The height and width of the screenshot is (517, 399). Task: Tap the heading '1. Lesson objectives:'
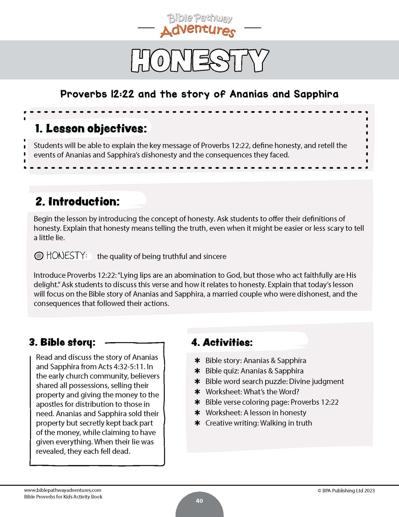[x=91, y=128]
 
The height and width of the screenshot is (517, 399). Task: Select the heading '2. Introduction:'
[x=78, y=202]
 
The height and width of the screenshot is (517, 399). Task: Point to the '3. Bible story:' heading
[x=62, y=342]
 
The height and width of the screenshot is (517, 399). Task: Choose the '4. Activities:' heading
[x=222, y=343]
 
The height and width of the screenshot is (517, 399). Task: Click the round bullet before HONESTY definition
[x=39, y=256]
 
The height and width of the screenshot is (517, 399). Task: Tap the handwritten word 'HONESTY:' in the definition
[x=67, y=256]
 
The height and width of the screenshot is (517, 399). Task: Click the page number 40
[x=199, y=501]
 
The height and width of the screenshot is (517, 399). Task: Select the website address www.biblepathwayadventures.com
[x=63, y=490]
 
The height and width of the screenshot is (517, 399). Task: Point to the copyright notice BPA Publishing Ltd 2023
[x=346, y=490]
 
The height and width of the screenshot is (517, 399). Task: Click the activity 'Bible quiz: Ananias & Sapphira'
[x=254, y=371]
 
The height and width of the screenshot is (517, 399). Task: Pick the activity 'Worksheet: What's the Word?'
[x=252, y=392]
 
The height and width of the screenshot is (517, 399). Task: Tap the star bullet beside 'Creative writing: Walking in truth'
[x=197, y=423]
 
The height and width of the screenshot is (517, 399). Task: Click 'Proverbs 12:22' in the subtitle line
[x=97, y=94]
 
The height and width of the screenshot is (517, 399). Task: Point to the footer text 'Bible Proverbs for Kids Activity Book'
[x=63, y=497]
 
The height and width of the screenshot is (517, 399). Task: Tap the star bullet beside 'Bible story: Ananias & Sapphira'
[x=197, y=361]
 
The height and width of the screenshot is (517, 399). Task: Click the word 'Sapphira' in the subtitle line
[x=316, y=94]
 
